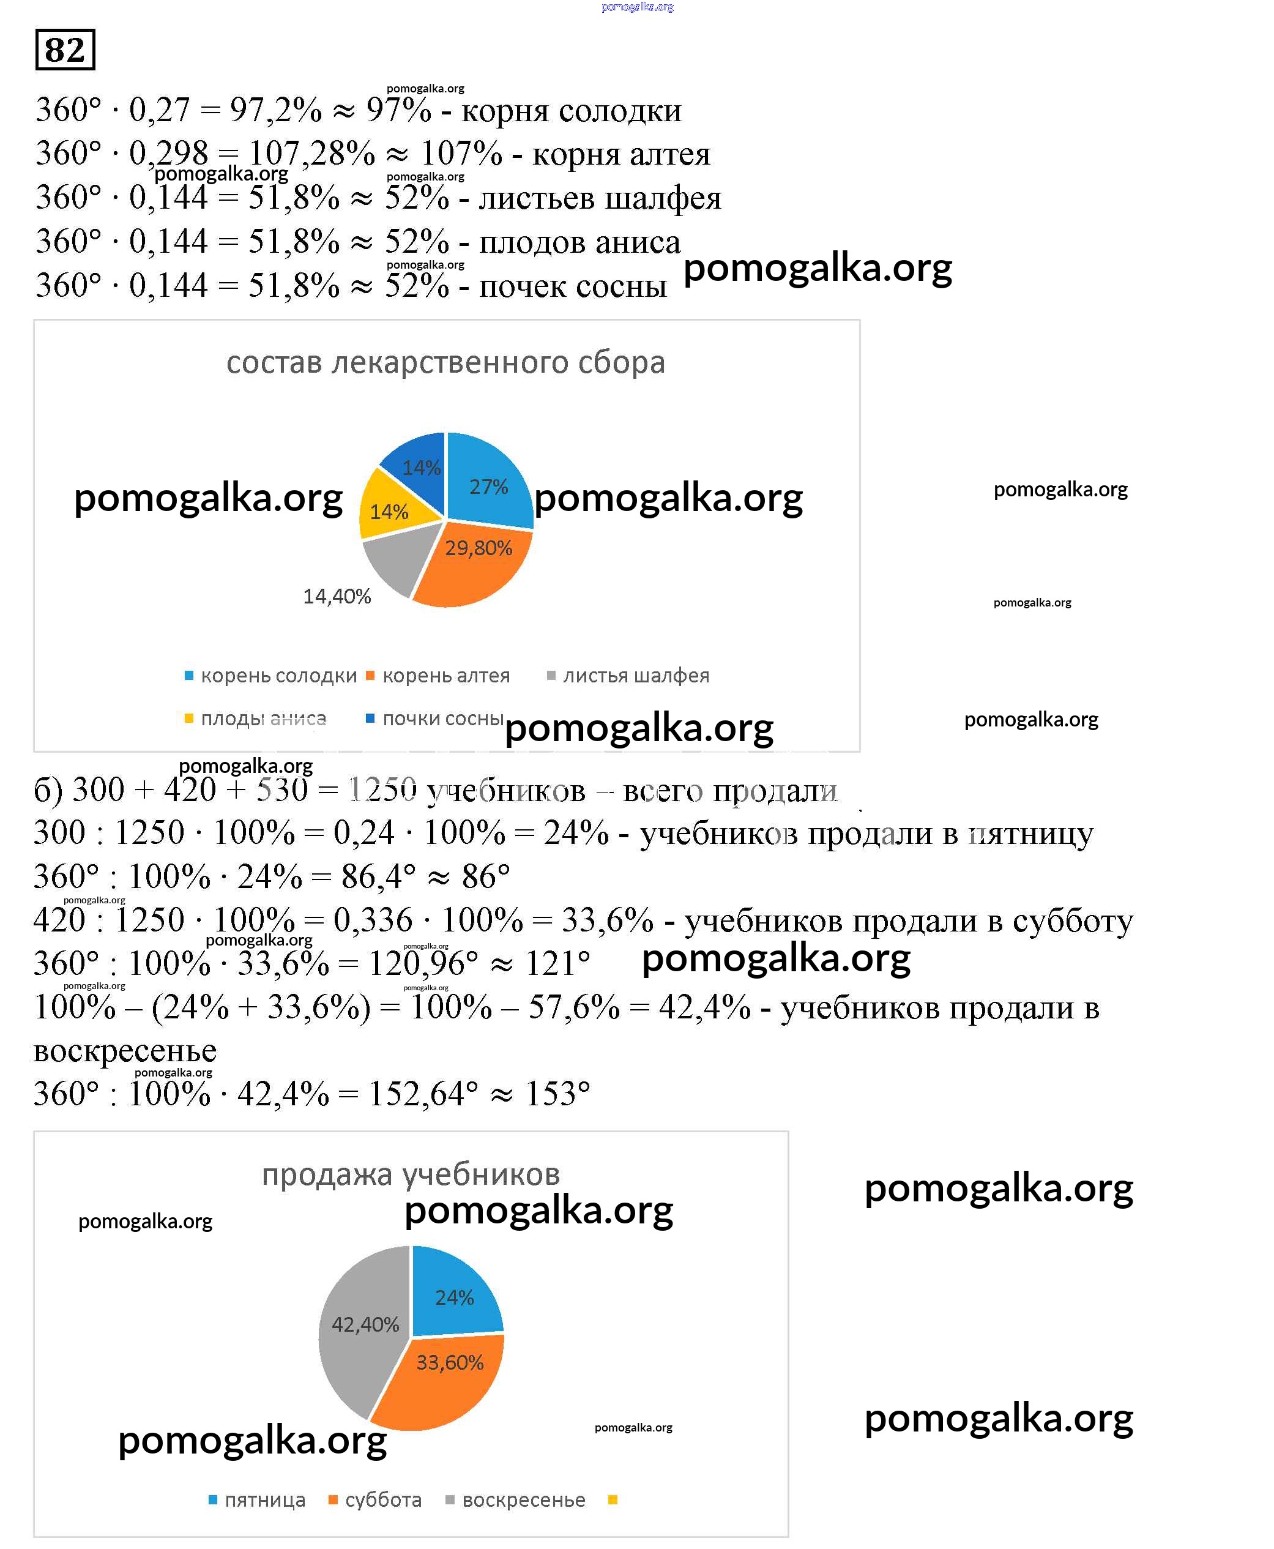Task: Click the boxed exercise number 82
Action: (65, 50)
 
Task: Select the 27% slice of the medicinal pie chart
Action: (489, 485)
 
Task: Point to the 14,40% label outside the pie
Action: (337, 596)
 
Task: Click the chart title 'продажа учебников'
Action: (411, 1174)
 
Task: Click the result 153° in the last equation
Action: (557, 1094)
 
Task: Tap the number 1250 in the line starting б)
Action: (382, 790)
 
